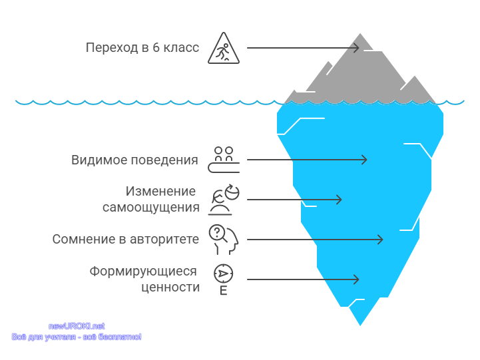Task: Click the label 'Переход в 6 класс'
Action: click(142, 47)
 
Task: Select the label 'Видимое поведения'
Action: click(134, 160)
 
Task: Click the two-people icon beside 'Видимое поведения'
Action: click(224, 160)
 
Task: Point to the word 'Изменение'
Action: click(160, 191)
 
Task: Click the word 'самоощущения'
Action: click(151, 208)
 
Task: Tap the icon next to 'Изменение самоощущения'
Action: click(224, 200)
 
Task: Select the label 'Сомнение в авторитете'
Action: click(126, 239)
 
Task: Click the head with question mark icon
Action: click(224, 240)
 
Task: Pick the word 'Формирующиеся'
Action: click(143, 271)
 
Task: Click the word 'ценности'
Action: click(170, 287)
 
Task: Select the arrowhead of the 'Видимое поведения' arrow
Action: click(364, 160)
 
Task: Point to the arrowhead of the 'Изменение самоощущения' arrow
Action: click(339, 200)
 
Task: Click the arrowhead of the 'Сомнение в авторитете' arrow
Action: click(380, 240)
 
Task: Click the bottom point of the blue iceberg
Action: click(360, 325)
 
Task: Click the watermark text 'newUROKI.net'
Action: click(77, 326)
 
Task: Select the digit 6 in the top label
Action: click(156, 48)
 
